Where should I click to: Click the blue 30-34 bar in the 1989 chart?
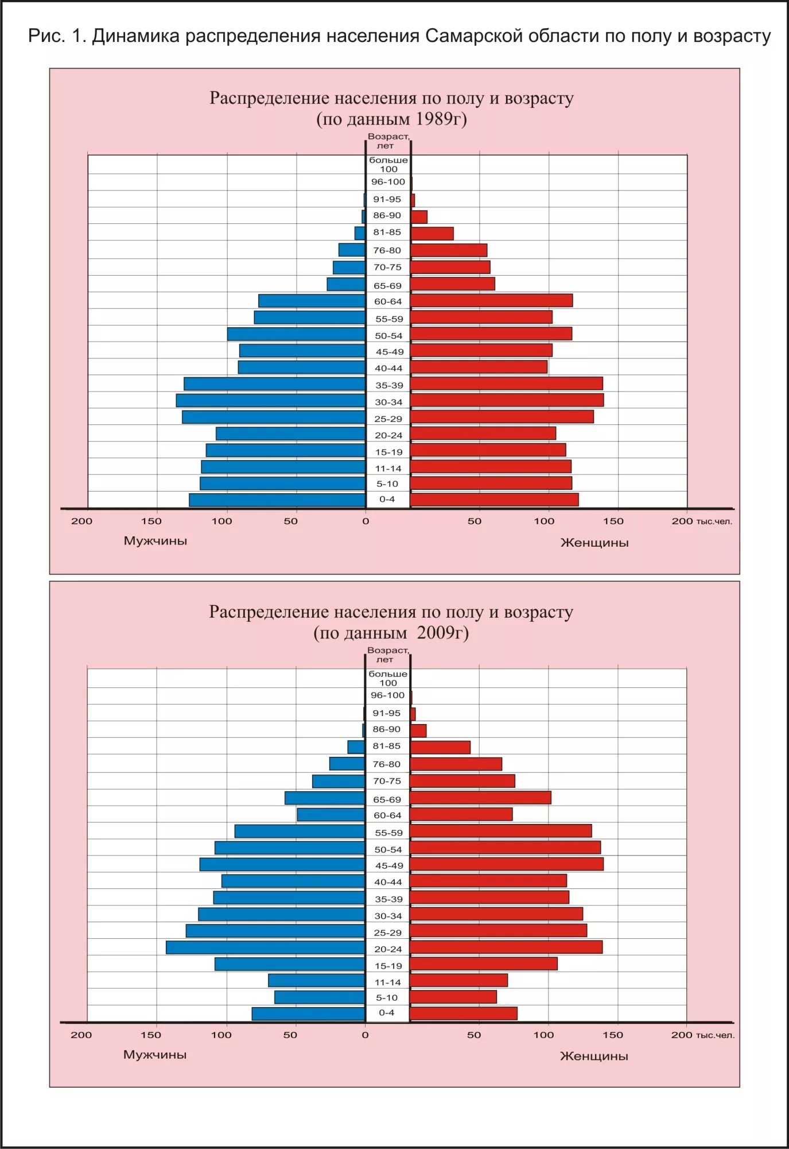[x=271, y=401]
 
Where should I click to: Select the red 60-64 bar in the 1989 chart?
[x=491, y=300]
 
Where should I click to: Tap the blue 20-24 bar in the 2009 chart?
[x=266, y=947]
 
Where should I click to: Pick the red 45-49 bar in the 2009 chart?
[x=507, y=864]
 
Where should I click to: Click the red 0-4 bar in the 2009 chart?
[x=464, y=1013]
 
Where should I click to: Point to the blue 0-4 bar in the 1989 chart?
[x=277, y=500]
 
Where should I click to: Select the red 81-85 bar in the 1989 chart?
[x=432, y=233]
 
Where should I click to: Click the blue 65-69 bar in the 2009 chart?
[x=325, y=798]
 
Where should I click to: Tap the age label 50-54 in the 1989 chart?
[x=388, y=335]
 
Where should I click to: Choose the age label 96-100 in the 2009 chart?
[x=387, y=695]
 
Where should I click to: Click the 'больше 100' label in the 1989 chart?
[x=388, y=164]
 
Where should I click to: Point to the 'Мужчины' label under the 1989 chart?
[x=156, y=541]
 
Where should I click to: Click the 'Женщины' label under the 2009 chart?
[x=594, y=1056]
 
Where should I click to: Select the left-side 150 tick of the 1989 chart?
[x=151, y=521]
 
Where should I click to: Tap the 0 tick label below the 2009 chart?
[x=365, y=1035]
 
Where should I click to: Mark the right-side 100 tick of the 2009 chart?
[x=543, y=1035]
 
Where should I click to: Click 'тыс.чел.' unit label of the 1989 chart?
[x=714, y=521]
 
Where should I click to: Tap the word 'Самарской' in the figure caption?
[x=474, y=36]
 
